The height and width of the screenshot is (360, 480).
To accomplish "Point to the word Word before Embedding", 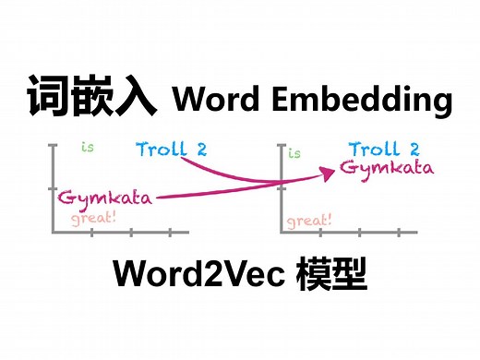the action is click(218, 99).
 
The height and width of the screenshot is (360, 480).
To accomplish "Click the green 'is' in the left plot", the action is click(88, 147).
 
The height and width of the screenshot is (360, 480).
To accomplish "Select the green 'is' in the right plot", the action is click(295, 153).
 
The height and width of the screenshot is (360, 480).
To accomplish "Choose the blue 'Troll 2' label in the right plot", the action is click(384, 149).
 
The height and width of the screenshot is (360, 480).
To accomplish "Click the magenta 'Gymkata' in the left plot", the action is click(103, 198).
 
